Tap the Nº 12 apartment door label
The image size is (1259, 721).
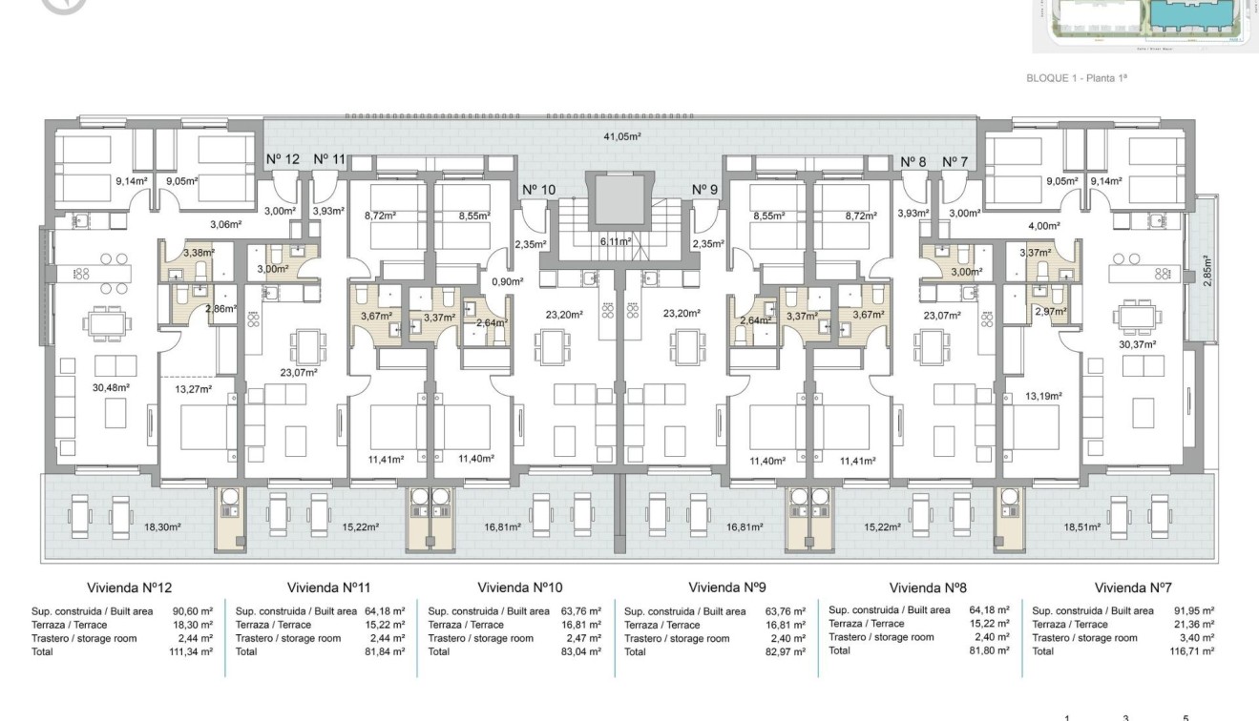tap(283, 159)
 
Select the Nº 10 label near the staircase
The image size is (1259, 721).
tap(539, 190)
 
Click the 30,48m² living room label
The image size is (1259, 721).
tap(110, 387)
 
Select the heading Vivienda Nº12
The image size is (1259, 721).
tap(129, 588)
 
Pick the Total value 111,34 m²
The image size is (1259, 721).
tap(192, 652)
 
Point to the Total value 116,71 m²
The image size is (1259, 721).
tap(1194, 651)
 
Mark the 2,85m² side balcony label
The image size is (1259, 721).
tap(1206, 270)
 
